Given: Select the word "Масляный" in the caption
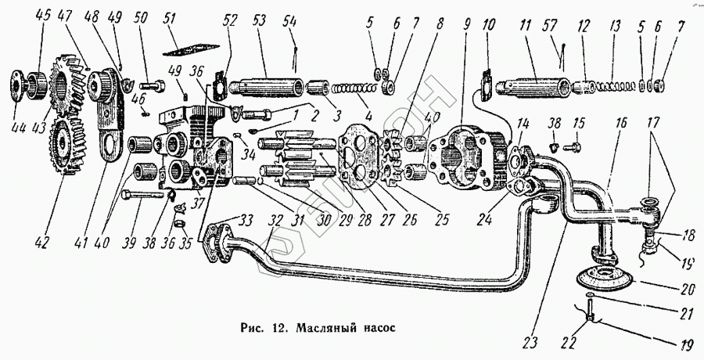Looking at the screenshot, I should click(325, 328).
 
